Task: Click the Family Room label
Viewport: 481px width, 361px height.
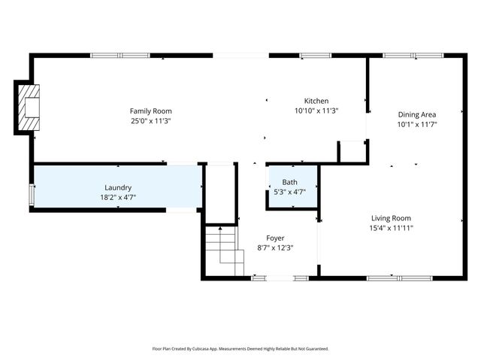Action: click(150, 111)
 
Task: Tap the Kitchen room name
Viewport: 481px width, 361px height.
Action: click(316, 102)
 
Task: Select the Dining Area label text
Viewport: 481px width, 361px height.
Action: click(417, 115)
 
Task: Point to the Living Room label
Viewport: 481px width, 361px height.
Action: click(391, 218)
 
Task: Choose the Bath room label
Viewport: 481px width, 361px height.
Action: click(289, 183)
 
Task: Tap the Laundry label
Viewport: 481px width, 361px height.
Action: click(118, 187)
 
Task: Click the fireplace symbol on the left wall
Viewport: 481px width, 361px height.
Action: click(30, 108)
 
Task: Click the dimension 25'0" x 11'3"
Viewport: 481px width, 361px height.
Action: click(150, 120)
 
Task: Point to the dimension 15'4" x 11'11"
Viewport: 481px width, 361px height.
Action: click(391, 227)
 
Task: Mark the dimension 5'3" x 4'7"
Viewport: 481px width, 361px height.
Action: click(289, 192)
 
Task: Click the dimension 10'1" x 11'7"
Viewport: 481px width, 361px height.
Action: click(417, 124)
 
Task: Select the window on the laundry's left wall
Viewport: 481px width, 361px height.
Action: click(32, 194)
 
